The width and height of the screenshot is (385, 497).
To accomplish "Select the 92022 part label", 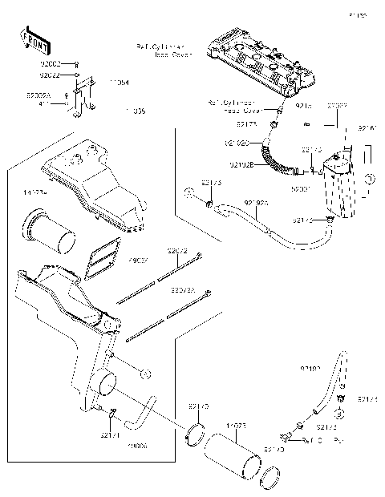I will click(x=50, y=75).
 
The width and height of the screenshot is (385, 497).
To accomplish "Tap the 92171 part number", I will click(x=110, y=435).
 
